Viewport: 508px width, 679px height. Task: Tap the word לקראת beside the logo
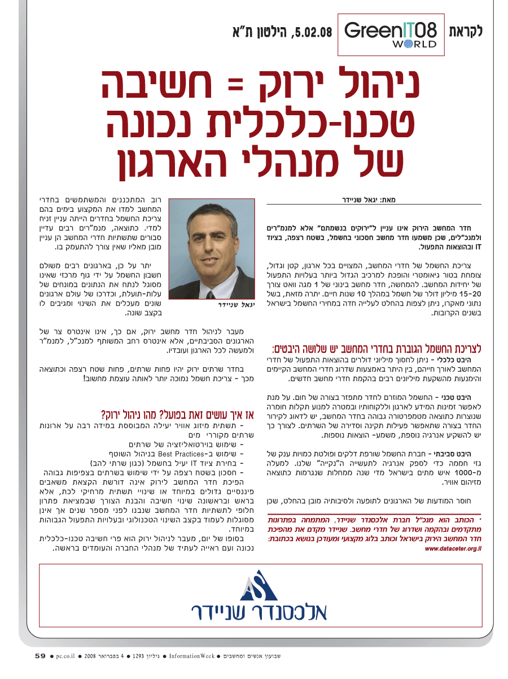[x=465, y=31]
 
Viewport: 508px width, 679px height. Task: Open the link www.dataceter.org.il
[x=453, y=548]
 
